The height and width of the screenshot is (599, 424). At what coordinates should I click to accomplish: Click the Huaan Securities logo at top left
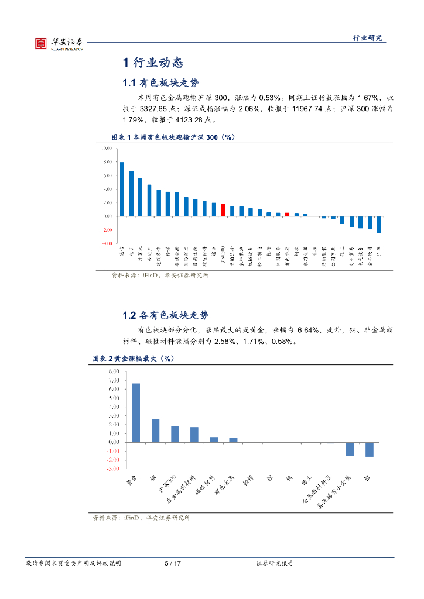point(59,43)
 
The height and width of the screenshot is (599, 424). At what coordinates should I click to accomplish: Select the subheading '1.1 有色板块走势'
point(165,82)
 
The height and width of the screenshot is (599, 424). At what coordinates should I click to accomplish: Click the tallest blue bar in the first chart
point(122,189)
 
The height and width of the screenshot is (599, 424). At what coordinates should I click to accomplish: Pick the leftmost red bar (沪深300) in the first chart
point(223,209)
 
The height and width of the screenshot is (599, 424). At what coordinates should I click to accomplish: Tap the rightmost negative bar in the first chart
point(379,225)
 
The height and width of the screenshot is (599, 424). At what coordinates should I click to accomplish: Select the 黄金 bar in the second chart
point(136,412)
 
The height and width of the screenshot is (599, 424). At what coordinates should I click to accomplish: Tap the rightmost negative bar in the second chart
point(369,449)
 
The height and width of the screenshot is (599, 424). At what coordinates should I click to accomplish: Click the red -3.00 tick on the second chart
point(113,469)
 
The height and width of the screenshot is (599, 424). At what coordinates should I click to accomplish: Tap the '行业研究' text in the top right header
point(367,37)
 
